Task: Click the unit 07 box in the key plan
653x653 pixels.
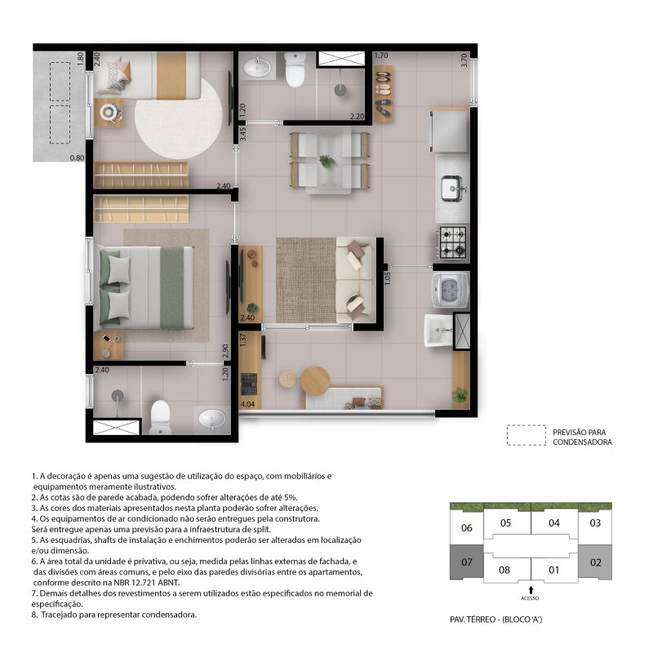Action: point(466,562)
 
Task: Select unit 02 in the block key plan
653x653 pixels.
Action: point(595,562)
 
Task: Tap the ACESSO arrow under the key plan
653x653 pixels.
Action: point(531,589)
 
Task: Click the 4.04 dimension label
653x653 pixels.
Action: point(248,404)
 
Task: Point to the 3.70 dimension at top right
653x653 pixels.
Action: point(464,60)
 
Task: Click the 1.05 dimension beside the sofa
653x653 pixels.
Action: point(387,278)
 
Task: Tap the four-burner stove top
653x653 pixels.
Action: point(453,242)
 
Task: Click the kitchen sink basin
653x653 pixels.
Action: point(452,189)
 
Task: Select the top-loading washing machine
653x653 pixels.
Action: point(451,290)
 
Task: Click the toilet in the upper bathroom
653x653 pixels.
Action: point(295,69)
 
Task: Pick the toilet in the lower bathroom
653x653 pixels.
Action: point(160,417)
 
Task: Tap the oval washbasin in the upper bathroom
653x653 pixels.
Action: point(257,67)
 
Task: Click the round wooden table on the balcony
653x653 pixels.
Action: point(315,380)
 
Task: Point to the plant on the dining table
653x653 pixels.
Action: point(327,161)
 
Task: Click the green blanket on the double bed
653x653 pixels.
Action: point(172,288)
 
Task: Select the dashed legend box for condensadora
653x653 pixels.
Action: point(526,435)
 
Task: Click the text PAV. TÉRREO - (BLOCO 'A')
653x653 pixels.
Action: point(496,620)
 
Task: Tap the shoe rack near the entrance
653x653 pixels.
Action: point(383,94)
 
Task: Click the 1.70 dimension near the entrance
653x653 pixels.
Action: point(381,55)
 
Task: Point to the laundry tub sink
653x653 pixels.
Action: point(438,331)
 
